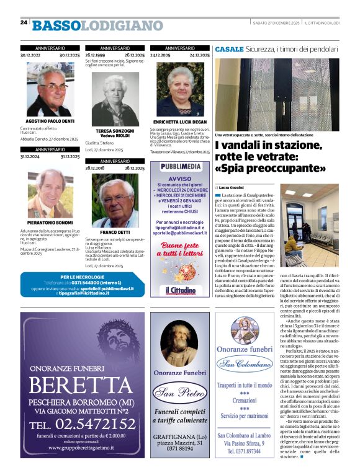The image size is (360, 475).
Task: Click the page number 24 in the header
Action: pos(24,23)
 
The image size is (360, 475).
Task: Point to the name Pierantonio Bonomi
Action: pos(50,221)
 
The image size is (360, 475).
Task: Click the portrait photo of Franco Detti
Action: pos(115,201)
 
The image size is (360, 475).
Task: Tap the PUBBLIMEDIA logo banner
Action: pos(180,166)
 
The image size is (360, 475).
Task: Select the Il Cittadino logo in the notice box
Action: pos(180,289)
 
